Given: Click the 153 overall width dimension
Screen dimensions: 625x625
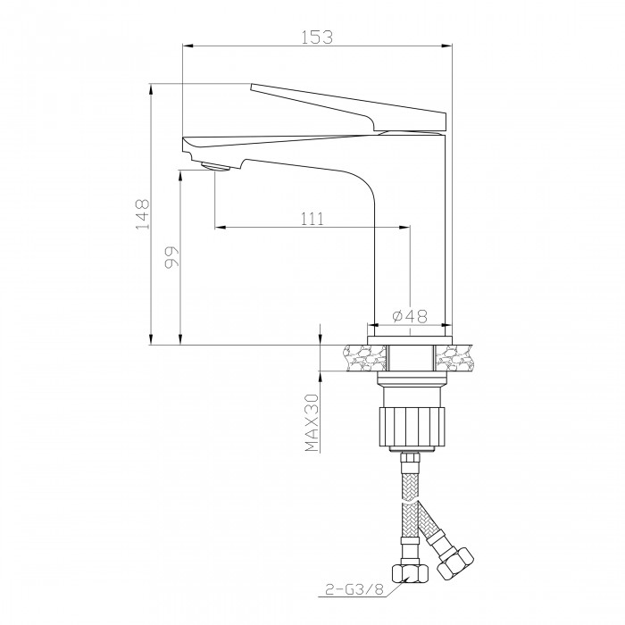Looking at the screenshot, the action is [316, 37].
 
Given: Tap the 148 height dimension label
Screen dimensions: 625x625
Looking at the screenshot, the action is [142, 214].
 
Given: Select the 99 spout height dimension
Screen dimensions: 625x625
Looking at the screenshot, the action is [172, 257].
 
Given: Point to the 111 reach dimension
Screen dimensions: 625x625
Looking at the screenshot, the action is [312, 219].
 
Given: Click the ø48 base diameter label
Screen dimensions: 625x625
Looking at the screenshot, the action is [410, 316].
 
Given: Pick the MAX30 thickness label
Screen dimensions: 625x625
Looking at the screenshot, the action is [312, 423].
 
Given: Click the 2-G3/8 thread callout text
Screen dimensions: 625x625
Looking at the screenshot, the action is [354, 589].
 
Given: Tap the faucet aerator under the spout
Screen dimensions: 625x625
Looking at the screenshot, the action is [216, 166].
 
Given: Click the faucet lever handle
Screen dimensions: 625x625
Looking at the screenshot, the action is [348, 107].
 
